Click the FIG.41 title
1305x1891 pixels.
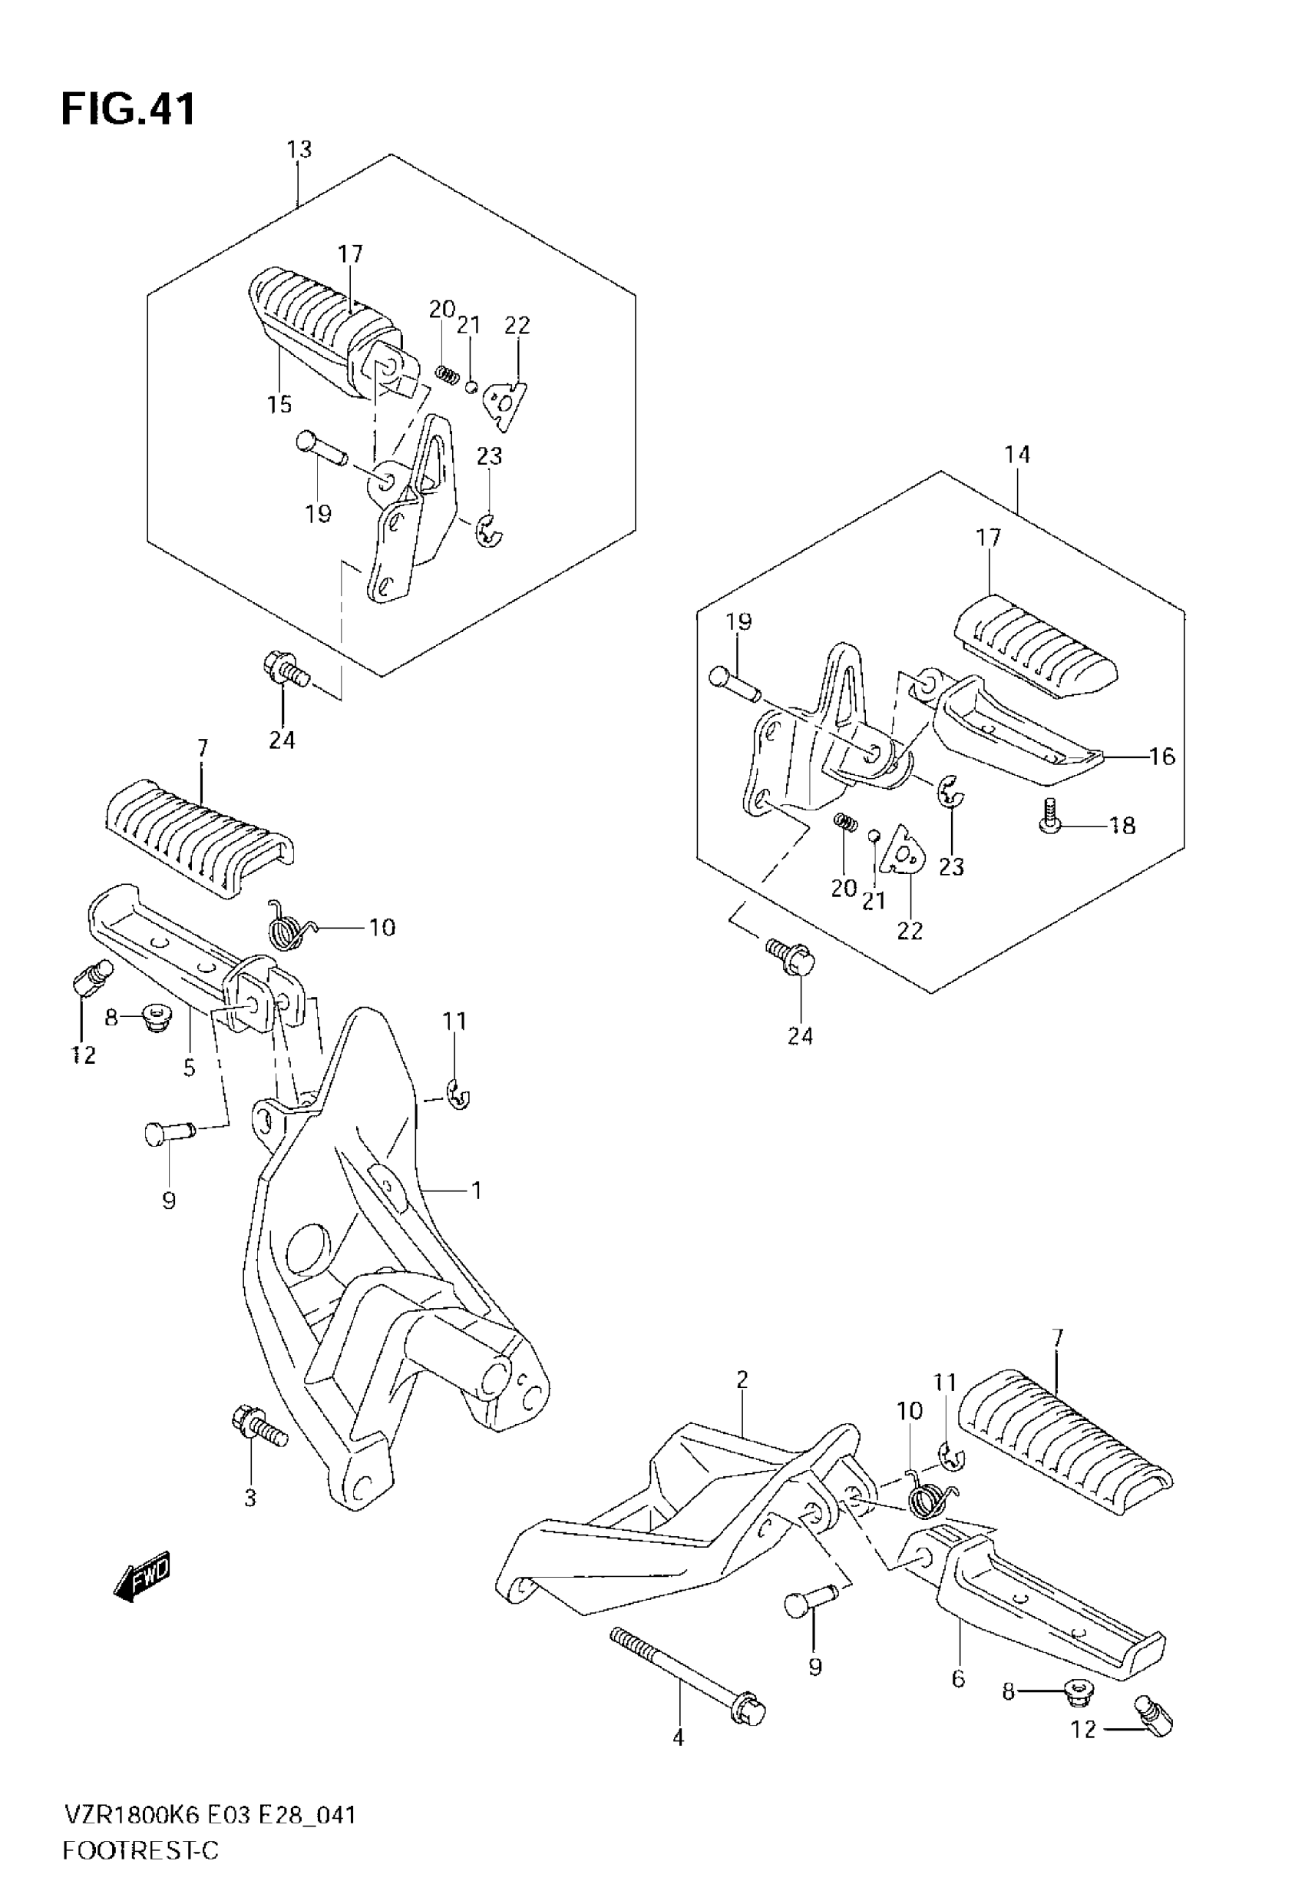(x=128, y=109)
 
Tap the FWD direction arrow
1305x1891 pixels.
(x=142, y=1575)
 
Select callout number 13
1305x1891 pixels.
(x=299, y=150)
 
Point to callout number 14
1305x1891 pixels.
(x=1017, y=455)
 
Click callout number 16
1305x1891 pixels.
(x=1162, y=757)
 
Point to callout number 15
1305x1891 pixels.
(x=279, y=404)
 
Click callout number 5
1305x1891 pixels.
(x=190, y=1068)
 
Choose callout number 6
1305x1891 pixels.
(x=958, y=1679)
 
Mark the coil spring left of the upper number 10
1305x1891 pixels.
(x=288, y=928)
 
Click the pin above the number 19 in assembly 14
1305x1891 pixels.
(x=736, y=684)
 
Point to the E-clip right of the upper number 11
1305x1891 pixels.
(x=460, y=1096)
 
